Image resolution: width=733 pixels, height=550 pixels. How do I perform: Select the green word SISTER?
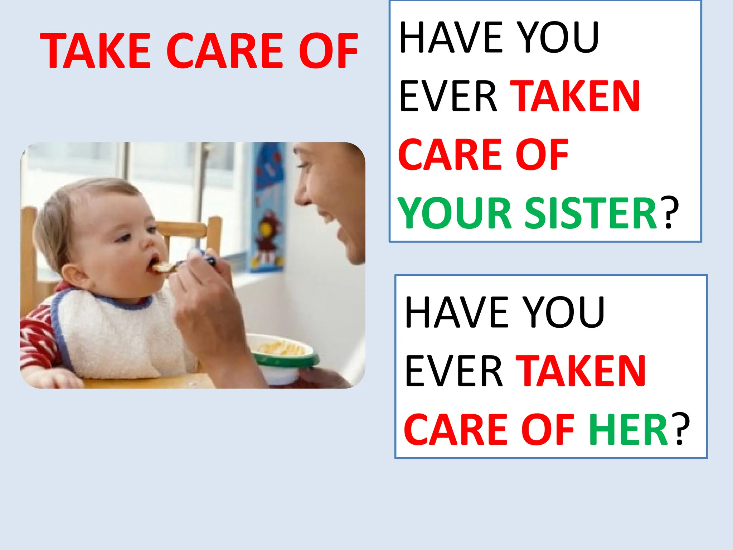pos(591,213)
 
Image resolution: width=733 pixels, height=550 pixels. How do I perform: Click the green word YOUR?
pos(455,213)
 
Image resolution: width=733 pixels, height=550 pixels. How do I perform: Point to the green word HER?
pos(628,430)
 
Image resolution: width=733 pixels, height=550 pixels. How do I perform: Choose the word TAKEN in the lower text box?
pos(581,371)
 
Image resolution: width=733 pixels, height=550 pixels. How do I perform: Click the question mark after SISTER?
pos(671,213)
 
